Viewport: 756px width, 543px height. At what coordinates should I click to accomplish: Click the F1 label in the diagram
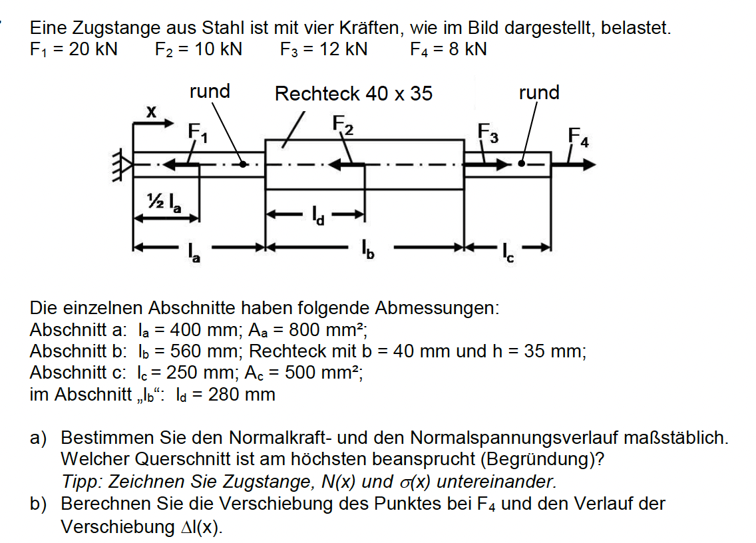198,132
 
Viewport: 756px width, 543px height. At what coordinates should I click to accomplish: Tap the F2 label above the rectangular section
343,125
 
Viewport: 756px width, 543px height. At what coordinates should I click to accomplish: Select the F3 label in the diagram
488,132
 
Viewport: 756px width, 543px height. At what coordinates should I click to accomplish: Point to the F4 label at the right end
578,136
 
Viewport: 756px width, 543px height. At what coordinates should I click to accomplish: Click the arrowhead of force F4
590,165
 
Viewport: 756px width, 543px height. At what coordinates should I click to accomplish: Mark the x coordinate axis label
151,112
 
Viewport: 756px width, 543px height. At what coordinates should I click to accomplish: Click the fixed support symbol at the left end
122,166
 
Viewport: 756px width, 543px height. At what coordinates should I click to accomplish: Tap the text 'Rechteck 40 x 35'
353,94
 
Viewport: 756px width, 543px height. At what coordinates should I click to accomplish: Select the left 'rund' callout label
210,92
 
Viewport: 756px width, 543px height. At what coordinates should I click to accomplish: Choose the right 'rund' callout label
539,92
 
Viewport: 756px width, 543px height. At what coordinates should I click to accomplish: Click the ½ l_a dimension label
164,202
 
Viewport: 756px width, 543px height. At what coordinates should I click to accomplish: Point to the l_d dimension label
318,216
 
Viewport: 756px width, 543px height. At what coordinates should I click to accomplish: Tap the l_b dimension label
368,250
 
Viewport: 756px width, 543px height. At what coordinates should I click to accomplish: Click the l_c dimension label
508,252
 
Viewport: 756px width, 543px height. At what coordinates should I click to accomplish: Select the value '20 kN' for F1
93,49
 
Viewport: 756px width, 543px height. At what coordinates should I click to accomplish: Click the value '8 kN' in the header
468,49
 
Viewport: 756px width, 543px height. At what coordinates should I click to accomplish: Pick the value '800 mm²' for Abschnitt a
327,330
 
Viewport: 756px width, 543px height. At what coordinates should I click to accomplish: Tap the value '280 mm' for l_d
242,395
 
